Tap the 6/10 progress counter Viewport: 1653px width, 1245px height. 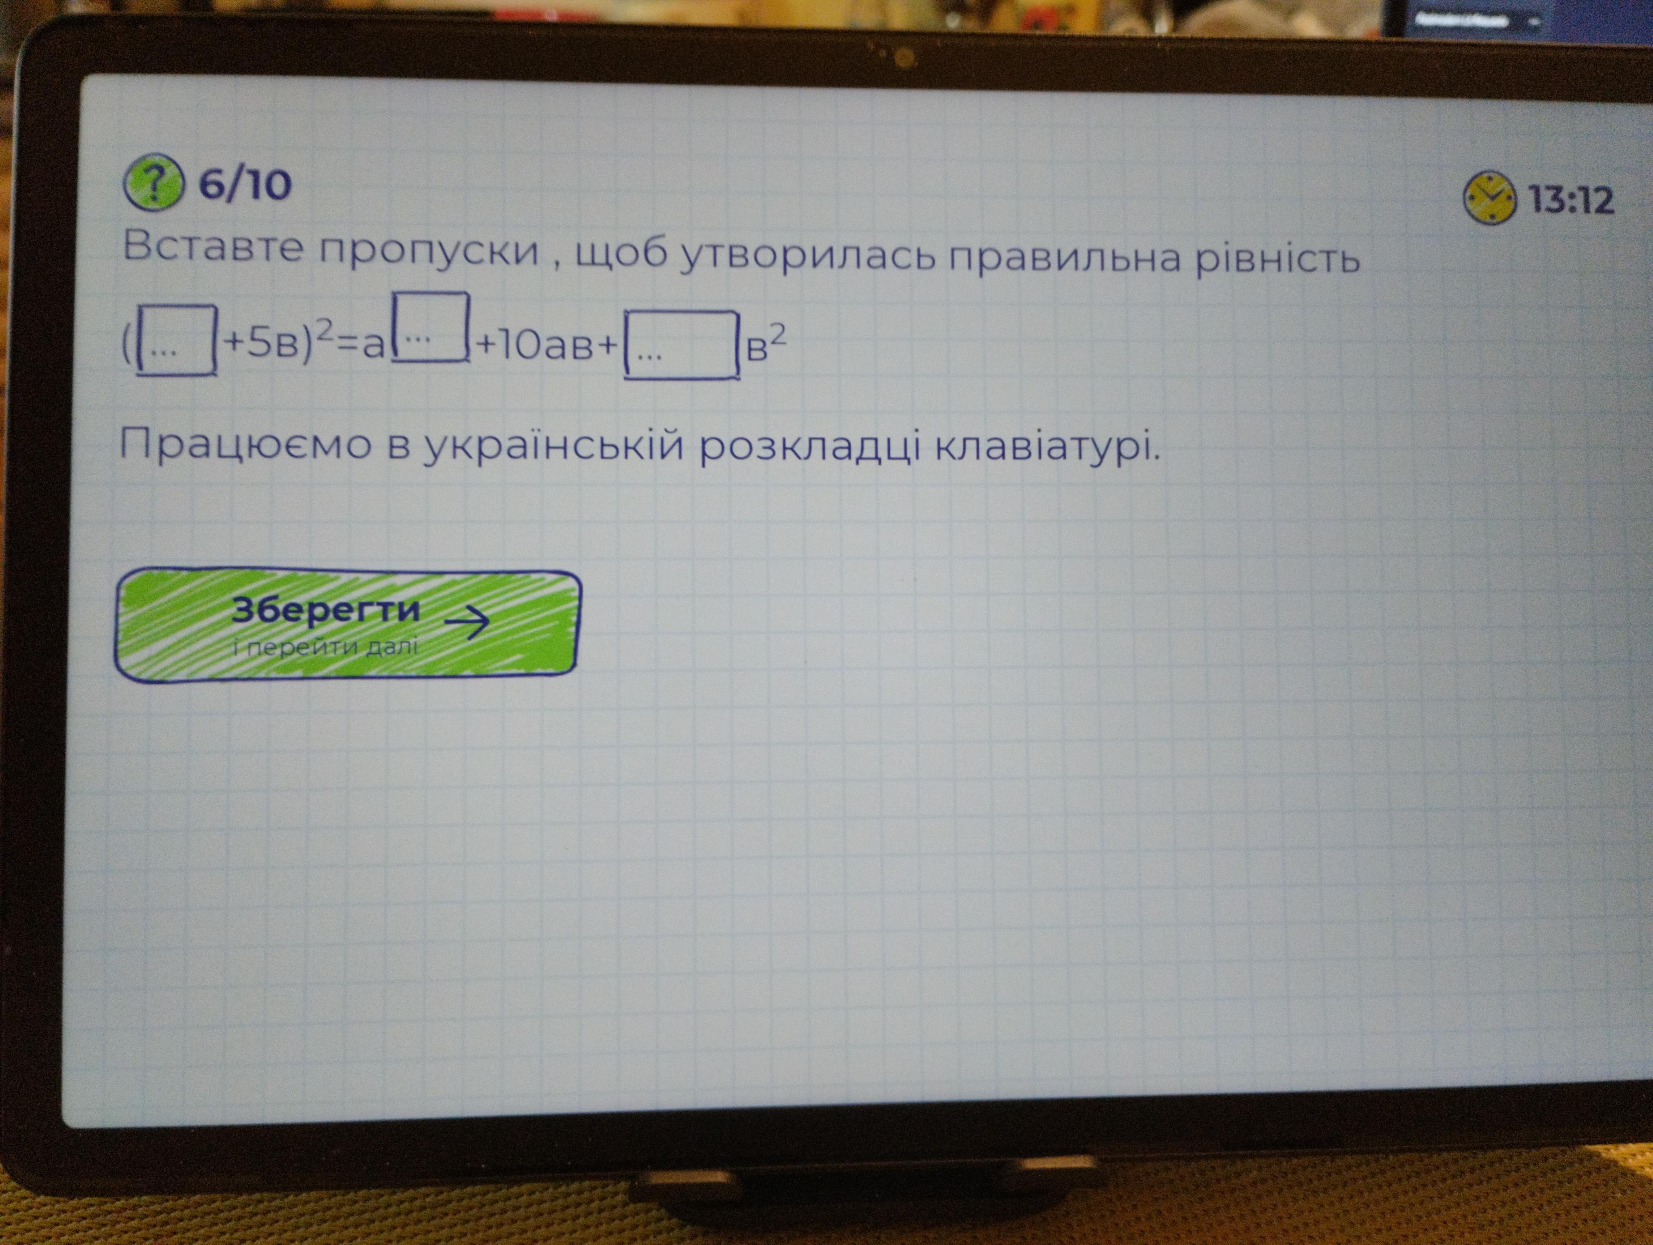tap(244, 184)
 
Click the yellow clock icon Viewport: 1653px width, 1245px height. tap(1489, 198)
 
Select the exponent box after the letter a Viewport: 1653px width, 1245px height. tap(430, 327)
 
